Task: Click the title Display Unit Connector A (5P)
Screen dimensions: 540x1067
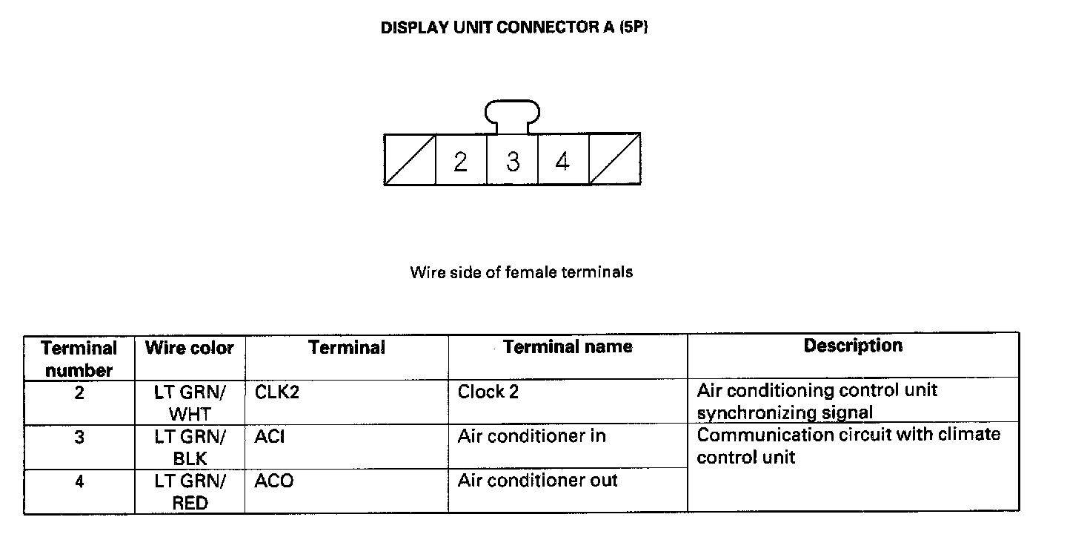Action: click(514, 28)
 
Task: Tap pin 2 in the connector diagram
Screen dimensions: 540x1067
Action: click(461, 160)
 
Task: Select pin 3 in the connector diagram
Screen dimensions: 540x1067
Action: click(513, 160)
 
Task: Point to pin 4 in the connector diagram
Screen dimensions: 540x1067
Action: click(563, 160)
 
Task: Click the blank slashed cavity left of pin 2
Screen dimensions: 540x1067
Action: click(410, 159)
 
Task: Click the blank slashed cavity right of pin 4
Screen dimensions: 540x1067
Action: click(614, 159)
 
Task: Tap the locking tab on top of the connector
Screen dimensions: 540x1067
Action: click(512, 116)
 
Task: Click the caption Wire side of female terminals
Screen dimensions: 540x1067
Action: click(521, 272)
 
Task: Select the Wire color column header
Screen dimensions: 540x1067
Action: click(190, 348)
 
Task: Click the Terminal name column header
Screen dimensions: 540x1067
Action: click(568, 346)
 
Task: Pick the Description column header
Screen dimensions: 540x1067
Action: click(853, 346)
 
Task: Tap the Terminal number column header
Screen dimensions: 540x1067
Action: click(79, 358)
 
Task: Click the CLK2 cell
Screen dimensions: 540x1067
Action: click(276, 392)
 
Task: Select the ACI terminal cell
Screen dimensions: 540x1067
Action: click(270, 437)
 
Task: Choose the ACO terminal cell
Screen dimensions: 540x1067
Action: click(274, 481)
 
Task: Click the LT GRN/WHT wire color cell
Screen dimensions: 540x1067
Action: click(190, 403)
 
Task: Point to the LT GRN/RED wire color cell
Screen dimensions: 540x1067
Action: click(190, 492)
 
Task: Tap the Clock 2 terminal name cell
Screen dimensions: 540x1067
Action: click(488, 392)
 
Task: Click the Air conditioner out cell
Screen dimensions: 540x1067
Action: click(537, 481)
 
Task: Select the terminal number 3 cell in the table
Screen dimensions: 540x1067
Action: click(79, 438)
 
